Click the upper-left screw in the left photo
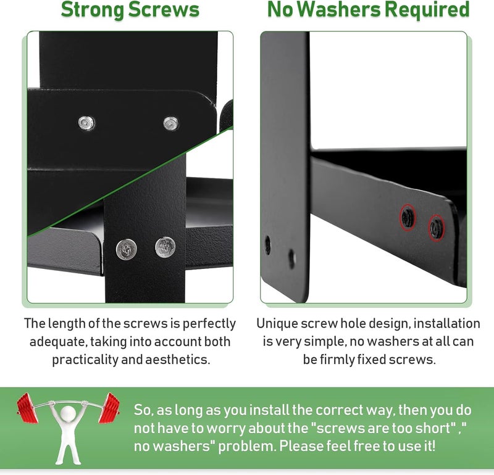[x=86, y=123]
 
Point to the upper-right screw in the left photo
[x=171, y=123]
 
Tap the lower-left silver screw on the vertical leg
[x=126, y=249]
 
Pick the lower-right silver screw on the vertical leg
[x=165, y=247]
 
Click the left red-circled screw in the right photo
[x=408, y=217]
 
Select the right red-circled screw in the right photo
[x=436, y=228]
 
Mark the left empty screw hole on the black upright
[x=267, y=245]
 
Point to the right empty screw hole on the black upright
[x=291, y=258]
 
